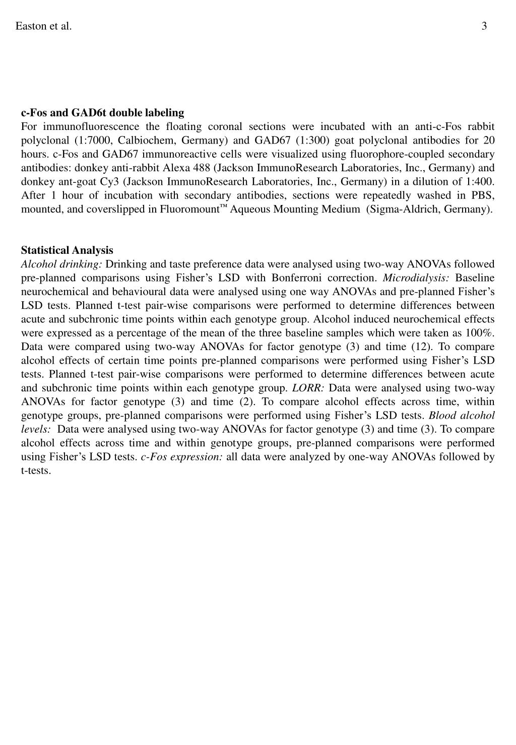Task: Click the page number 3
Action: point(484,26)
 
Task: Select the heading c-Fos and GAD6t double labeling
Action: point(102,112)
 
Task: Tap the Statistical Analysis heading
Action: point(67,250)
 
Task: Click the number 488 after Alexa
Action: point(201,168)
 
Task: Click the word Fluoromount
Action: point(189,209)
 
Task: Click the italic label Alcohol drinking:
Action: point(61,264)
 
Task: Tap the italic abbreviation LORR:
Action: point(308,388)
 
